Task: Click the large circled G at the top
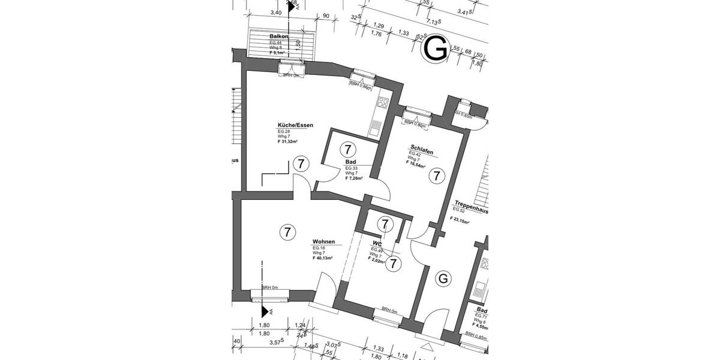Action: point(436,48)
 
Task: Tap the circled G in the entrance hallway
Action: point(443,279)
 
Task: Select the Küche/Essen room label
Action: point(295,125)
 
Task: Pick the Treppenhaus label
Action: point(470,203)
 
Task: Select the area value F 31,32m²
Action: point(287,142)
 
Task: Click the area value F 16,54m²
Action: point(415,163)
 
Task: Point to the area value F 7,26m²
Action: point(354,178)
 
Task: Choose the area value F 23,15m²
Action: point(460,220)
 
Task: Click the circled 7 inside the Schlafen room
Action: point(437,176)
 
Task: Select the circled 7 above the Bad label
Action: point(347,149)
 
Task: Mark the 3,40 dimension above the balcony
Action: point(276,12)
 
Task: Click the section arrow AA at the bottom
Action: point(264,310)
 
